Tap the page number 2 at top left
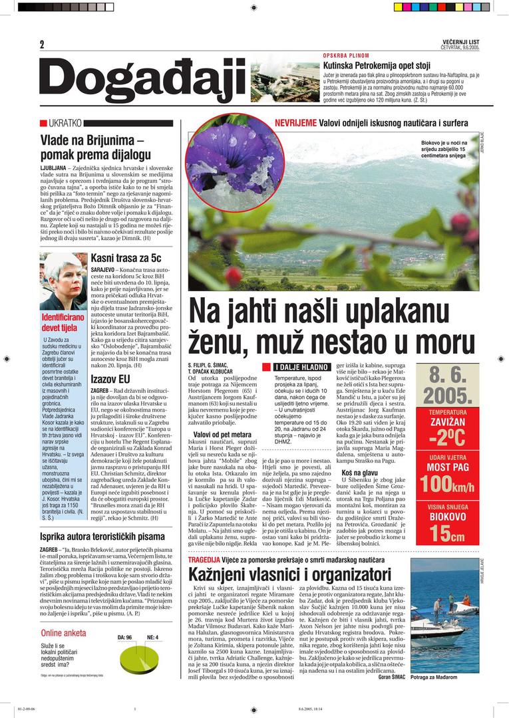pos(42,45)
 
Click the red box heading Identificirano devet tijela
pos(63,322)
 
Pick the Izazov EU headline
pos(110,379)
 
